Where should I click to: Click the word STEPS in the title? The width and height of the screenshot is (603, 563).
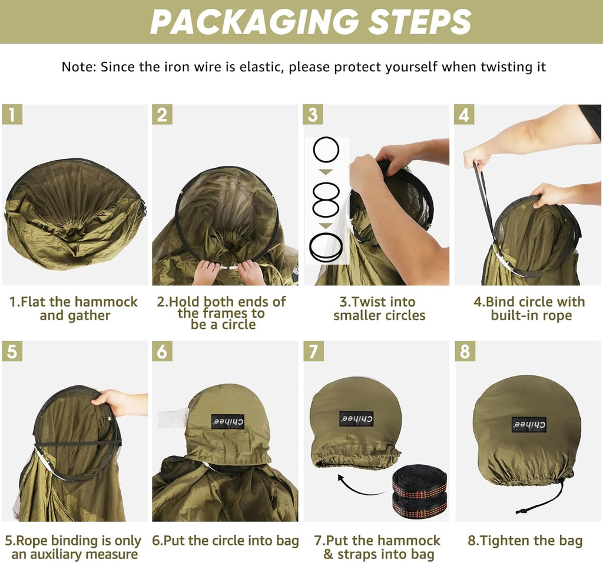(x=419, y=22)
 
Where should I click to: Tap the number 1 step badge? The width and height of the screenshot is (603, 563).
(x=12, y=115)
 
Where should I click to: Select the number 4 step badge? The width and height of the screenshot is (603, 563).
(x=465, y=115)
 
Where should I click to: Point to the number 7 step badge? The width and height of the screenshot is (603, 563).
(x=313, y=351)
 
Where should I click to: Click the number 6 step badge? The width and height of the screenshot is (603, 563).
(x=162, y=351)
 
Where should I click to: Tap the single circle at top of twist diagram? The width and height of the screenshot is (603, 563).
(x=326, y=149)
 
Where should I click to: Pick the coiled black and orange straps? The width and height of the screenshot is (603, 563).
(x=420, y=491)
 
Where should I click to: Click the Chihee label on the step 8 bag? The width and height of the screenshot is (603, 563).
(x=529, y=424)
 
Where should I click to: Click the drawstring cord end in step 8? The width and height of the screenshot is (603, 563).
(x=522, y=511)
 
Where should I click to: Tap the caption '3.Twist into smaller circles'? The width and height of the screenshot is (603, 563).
(x=379, y=309)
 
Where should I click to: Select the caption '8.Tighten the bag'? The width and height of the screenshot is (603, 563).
(x=525, y=541)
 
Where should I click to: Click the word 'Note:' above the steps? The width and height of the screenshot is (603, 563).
(x=79, y=67)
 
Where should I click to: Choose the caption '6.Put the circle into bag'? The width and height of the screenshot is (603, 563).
(x=226, y=541)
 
